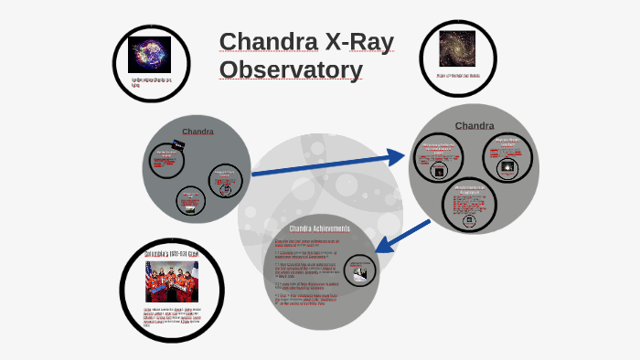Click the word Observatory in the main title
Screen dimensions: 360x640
pos(291,69)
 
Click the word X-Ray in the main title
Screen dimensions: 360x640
pos(351,41)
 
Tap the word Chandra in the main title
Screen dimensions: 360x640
pos(263,41)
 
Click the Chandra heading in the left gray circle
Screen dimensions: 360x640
pos(197,131)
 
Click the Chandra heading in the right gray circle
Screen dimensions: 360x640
pos(475,125)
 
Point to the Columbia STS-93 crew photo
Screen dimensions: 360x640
pos(172,281)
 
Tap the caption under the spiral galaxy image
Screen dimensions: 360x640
pos(455,76)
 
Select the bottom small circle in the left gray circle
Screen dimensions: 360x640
pos(191,201)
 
